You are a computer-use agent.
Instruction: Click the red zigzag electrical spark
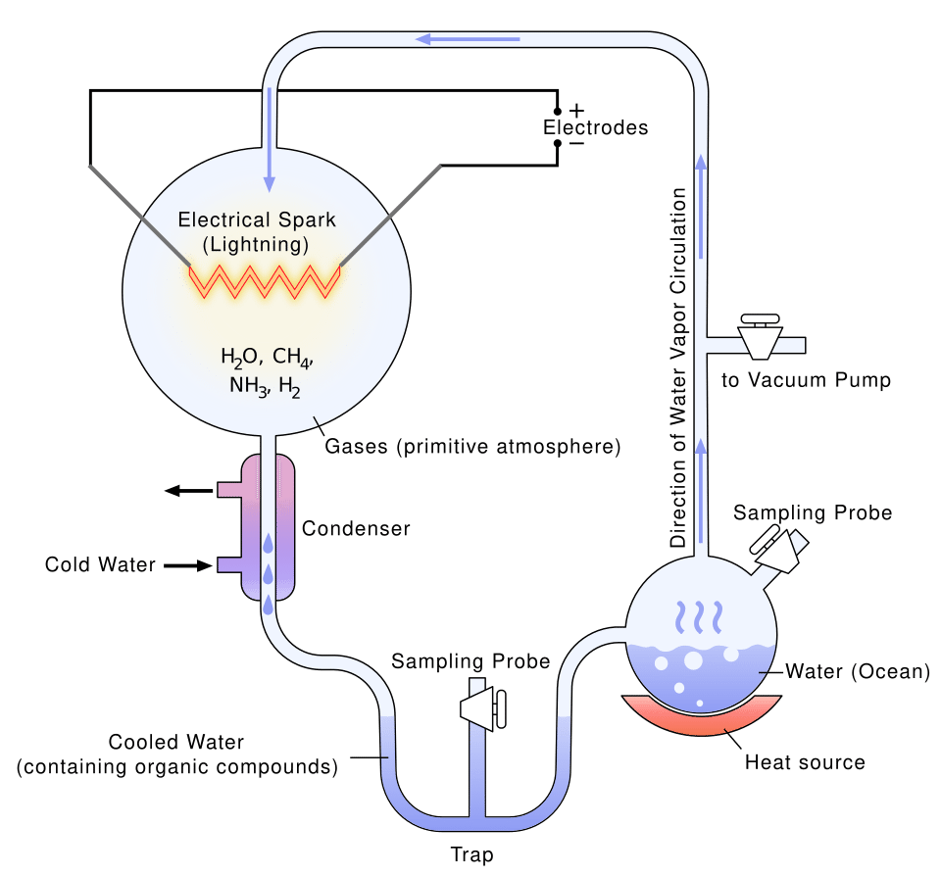coord(265,280)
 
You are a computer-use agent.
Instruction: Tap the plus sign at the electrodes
coord(576,110)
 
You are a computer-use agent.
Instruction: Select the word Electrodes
coord(596,127)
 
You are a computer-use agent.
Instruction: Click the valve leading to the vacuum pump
coord(760,337)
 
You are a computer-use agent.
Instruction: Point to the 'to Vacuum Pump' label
coord(807,380)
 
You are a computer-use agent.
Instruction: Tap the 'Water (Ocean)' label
coord(857,672)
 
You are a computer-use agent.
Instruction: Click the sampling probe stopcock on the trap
coord(482,706)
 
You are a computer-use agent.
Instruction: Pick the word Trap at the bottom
coord(471,853)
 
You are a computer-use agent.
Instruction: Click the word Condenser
coord(355,529)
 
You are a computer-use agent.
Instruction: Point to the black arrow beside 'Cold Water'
coord(186,565)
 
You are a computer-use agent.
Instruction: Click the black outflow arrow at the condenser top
coord(186,490)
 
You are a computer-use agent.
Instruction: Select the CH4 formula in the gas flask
coord(292,357)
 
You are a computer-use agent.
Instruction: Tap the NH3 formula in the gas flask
coord(249,386)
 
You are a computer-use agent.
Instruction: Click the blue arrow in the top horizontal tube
coord(468,39)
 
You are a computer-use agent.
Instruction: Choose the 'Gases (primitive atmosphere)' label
coord(473,448)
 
